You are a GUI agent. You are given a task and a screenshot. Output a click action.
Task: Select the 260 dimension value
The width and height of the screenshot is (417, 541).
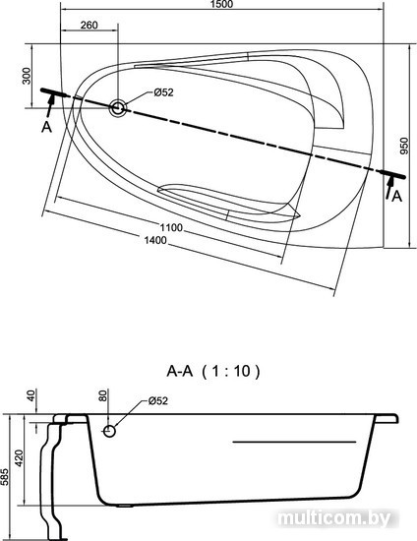89,25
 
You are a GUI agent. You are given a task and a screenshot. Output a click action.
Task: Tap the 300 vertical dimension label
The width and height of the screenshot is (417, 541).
27,76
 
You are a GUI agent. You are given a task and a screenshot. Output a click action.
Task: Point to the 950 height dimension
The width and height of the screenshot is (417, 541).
404,146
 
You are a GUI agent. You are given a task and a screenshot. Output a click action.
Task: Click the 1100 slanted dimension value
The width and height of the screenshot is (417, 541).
171,228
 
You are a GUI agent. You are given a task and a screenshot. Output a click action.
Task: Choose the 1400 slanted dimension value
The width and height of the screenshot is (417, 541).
155,240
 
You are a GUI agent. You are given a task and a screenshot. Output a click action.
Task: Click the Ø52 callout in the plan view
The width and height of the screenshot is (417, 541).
163,92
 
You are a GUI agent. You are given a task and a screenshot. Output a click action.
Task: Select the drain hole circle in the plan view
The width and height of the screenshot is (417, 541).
118,108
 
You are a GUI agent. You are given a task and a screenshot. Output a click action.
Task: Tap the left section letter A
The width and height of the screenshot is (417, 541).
46,127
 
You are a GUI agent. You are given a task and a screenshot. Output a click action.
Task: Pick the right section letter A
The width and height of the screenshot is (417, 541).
397,196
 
